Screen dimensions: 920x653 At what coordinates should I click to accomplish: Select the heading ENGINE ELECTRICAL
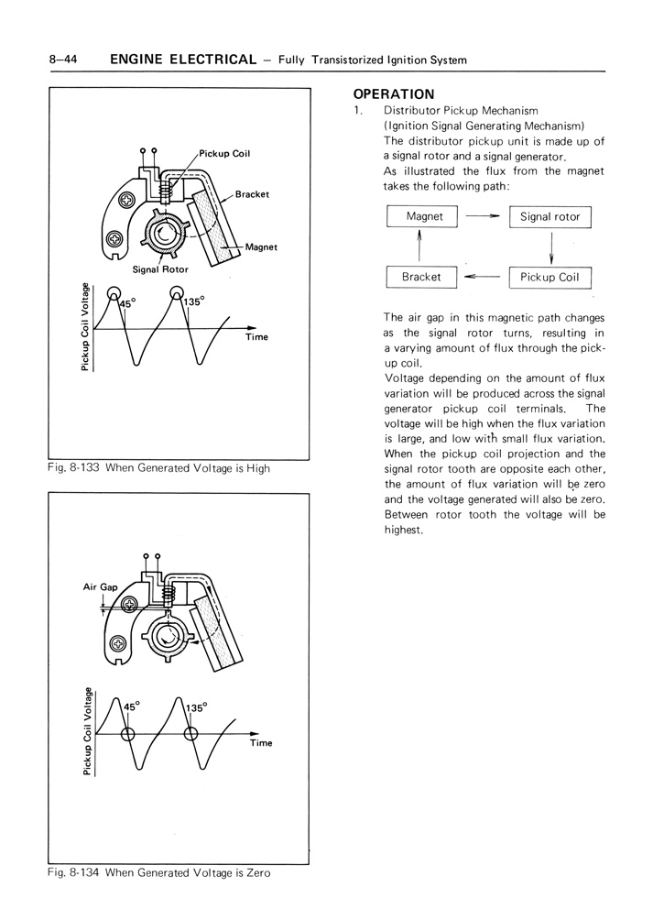click(x=182, y=60)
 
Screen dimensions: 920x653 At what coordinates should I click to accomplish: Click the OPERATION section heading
click(x=394, y=93)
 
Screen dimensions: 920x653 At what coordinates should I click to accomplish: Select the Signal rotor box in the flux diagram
click(x=550, y=217)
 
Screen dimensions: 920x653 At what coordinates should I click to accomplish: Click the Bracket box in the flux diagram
click(x=421, y=277)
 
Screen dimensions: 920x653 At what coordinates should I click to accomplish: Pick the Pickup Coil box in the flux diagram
click(x=550, y=277)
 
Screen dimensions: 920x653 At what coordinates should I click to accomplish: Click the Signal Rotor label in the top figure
click(x=159, y=270)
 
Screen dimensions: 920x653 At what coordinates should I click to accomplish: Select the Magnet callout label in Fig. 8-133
click(x=261, y=246)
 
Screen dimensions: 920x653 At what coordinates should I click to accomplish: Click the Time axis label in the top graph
click(x=256, y=337)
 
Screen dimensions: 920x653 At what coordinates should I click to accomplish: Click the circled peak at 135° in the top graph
click(x=176, y=293)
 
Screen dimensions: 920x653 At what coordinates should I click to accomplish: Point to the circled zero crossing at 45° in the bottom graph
click(x=127, y=734)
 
